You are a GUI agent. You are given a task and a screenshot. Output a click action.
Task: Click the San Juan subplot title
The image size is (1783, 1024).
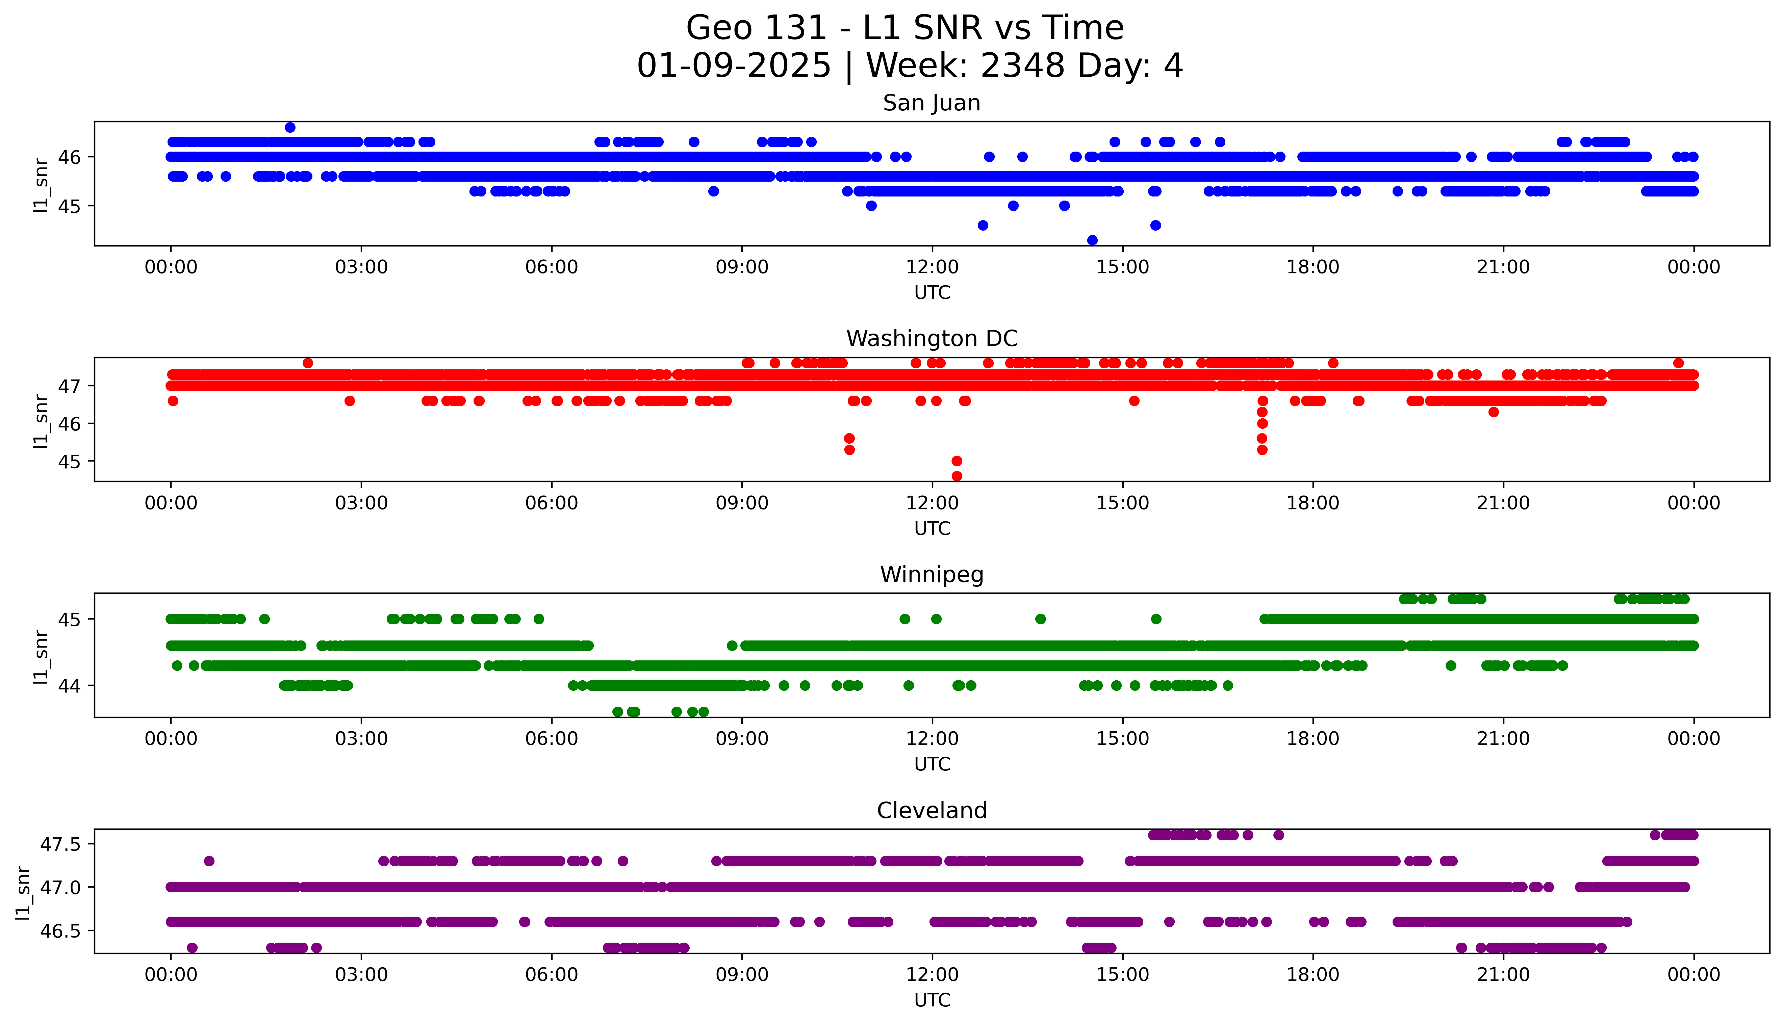931,103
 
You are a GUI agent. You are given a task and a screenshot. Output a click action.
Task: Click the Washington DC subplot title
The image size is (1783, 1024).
931,339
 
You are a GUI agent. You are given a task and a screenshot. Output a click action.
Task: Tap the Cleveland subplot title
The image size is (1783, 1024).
931,811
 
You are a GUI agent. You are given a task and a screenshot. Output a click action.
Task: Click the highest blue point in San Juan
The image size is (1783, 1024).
290,127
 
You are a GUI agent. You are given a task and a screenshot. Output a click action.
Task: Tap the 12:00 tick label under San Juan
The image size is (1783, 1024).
932,267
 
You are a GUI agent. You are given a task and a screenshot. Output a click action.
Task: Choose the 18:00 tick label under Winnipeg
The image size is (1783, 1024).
1313,739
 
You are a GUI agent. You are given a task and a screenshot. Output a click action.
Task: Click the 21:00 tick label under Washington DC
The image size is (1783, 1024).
1503,504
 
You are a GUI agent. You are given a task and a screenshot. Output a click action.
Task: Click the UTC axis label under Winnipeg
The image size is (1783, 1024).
932,764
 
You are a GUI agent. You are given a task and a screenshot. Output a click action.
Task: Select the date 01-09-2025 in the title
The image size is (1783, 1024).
734,66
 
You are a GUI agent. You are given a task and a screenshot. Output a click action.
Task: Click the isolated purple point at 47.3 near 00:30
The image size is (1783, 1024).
209,861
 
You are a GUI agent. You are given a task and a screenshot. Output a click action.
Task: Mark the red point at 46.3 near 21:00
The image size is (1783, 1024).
1493,412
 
